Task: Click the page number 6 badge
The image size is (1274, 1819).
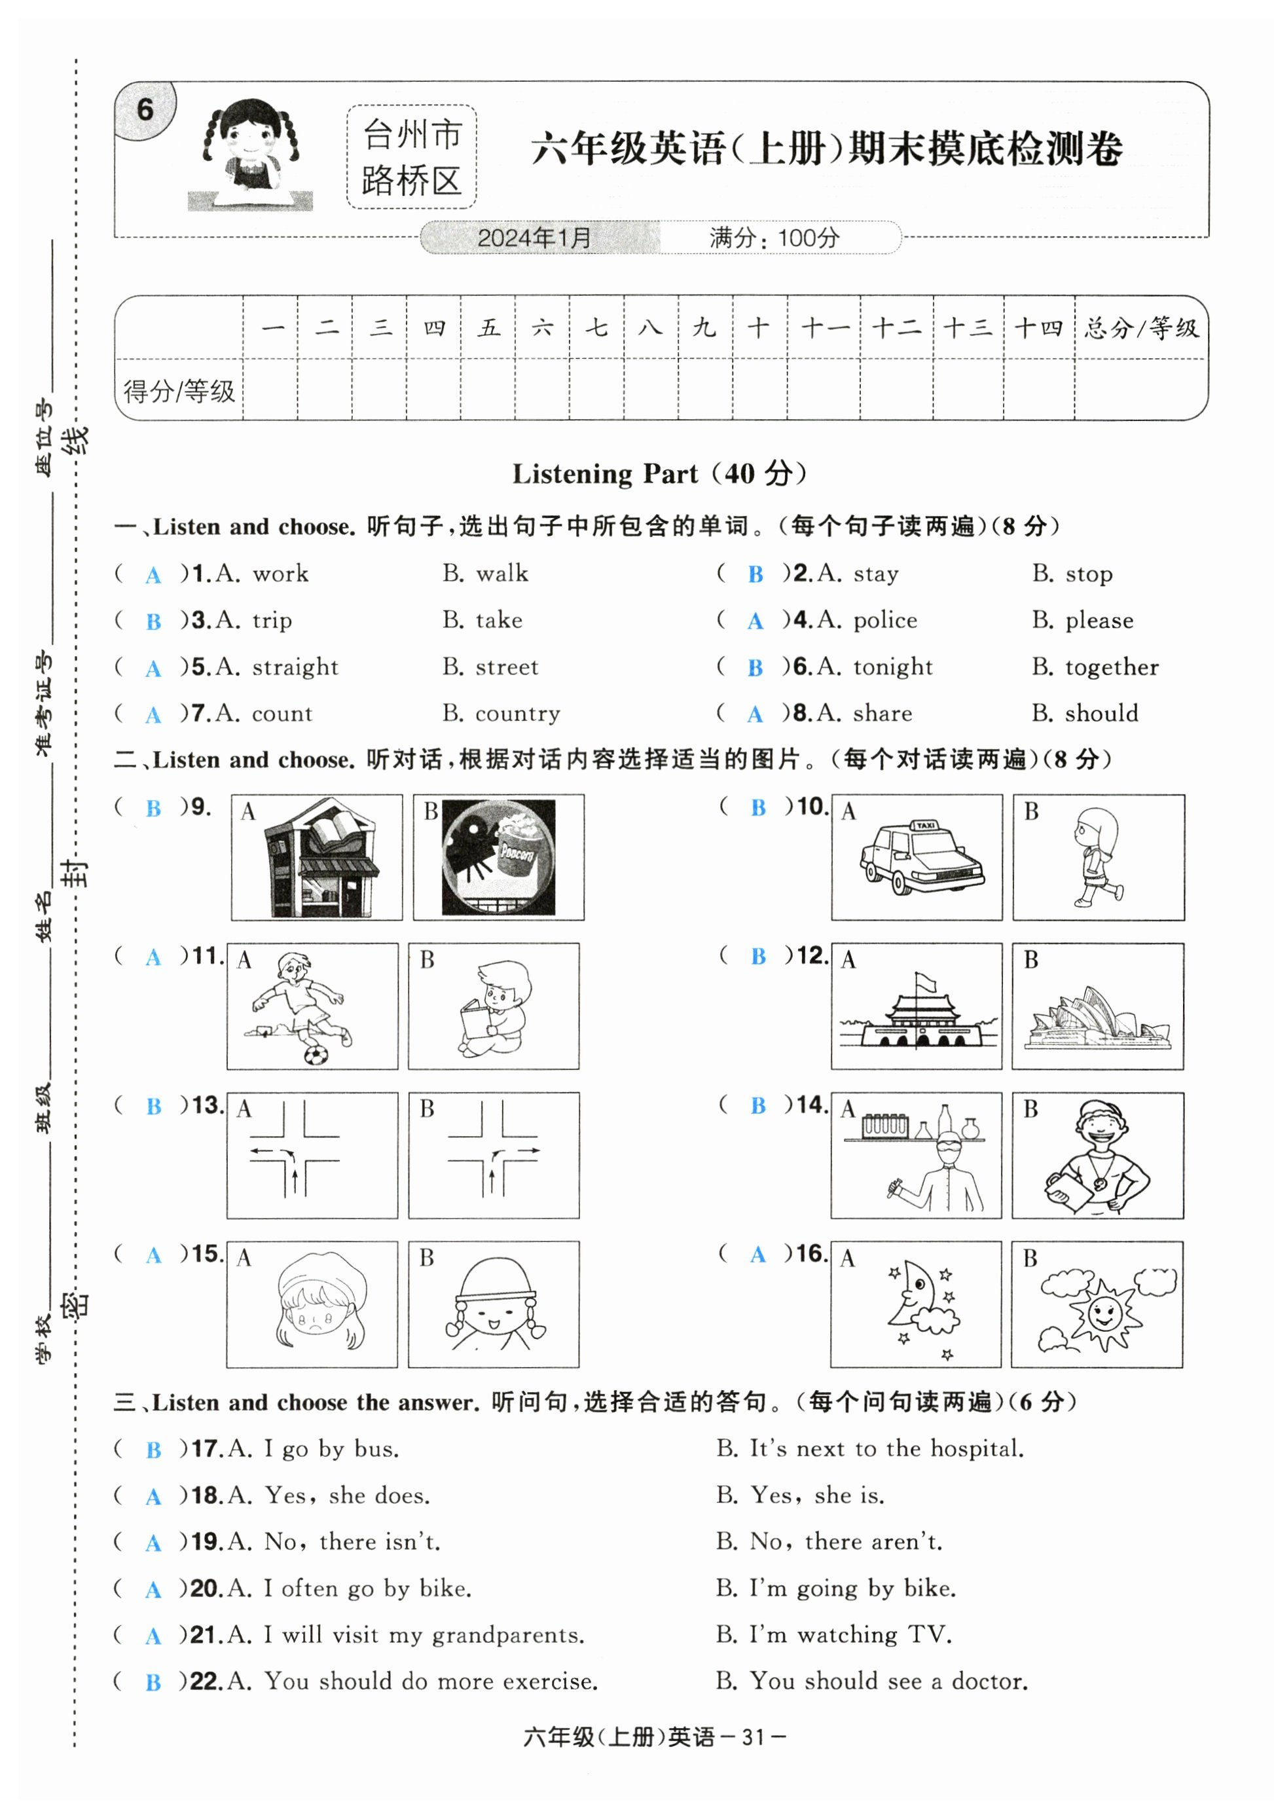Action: point(145,109)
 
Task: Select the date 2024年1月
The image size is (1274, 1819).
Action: point(535,237)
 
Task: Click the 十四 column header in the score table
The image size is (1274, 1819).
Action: point(1038,327)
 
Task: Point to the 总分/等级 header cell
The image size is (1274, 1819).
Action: point(1141,327)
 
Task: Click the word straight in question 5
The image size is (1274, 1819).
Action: point(295,667)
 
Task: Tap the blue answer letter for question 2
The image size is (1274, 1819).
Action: point(755,574)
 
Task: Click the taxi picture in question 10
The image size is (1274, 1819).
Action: point(921,857)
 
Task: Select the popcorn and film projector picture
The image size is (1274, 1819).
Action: point(498,857)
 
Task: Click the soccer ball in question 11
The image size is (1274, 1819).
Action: point(316,1054)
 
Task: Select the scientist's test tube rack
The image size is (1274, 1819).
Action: point(885,1124)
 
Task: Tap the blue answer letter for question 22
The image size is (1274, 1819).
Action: point(153,1683)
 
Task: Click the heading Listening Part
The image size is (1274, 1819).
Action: point(606,474)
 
